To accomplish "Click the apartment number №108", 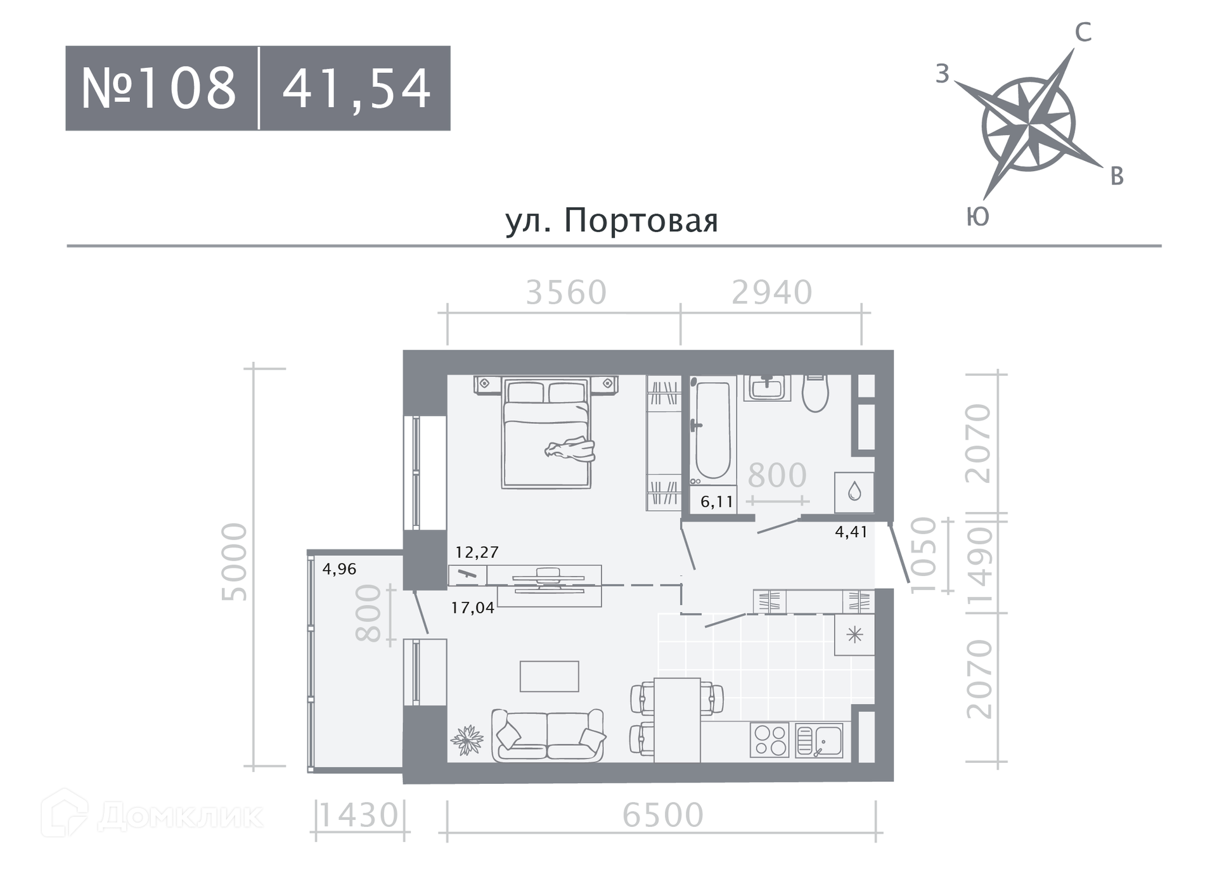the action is [158, 88].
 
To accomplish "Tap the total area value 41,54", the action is [357, 89].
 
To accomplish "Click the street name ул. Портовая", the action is [612, 220].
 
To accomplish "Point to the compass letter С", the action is [1083, 32].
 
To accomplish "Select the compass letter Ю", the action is [977, 217].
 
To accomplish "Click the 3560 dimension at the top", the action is [567, 293].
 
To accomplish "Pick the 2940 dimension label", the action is [772, 293].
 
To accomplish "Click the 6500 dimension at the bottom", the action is [663, 815].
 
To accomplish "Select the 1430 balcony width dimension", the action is [359, 815].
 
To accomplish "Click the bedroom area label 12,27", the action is [477, 552].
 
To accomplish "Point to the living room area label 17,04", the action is [473, 608].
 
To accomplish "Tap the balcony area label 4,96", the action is [339, 569].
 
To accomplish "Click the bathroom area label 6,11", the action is [717, 502].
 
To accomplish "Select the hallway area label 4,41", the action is [851, 532].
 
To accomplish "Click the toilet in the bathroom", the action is [815, 393].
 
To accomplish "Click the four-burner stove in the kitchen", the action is [769, 740].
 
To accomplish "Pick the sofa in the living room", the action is [548, 735].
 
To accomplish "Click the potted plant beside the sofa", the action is [467, 739].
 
